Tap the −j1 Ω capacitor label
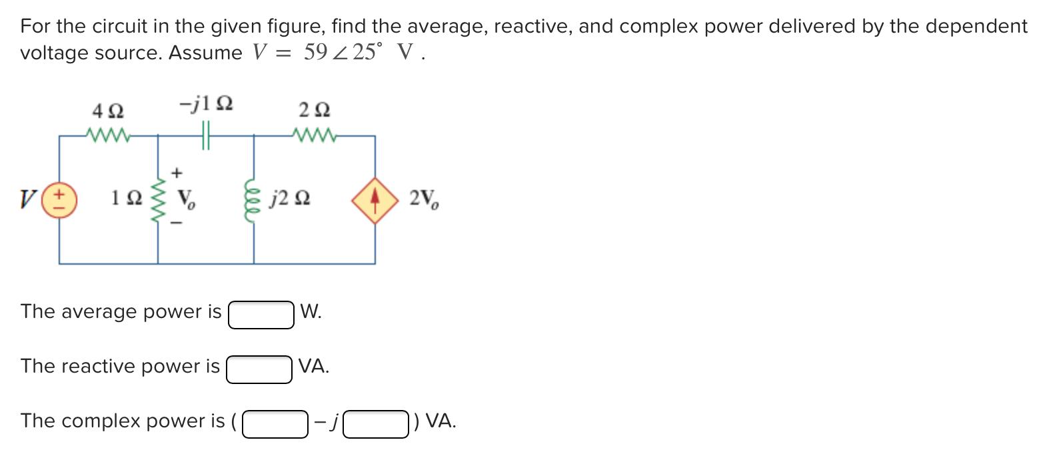[x=206, y=105]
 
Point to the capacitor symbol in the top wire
[x=206, y=136]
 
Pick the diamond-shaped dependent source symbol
[x=375, y=199]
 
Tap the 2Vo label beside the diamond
[x=424, y=199]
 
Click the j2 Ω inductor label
[x=290, y=199]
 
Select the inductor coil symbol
[x=253, y=199]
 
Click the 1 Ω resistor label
[x=126, y=199]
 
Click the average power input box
[x=261, y=315]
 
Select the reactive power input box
[x=259, y=369]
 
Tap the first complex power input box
[x=275, y=424]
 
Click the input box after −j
[x=376, y=424]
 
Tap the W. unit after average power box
[x=311, y=311]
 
